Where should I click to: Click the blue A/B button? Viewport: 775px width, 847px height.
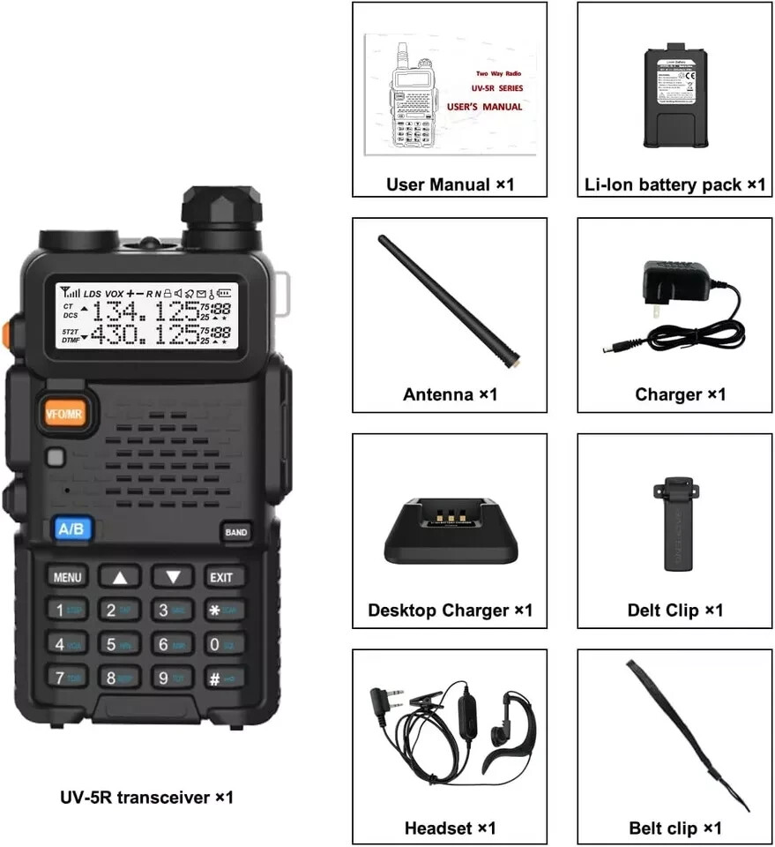71,528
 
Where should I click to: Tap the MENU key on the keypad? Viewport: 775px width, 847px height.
67,577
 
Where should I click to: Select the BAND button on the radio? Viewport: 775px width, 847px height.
235,532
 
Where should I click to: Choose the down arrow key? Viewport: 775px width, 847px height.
173,577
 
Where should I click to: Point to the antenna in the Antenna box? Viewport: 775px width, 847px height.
449,300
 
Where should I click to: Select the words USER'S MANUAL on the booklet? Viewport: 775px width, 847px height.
484,107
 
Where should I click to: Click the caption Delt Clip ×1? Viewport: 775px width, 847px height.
674,610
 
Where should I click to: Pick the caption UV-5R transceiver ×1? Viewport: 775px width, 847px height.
145,797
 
